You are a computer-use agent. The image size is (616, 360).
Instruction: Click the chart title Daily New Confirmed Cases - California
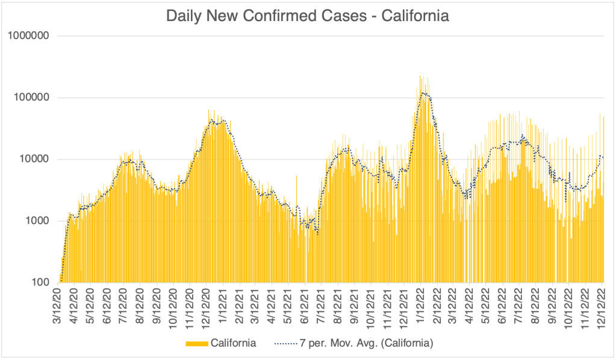(308, 16)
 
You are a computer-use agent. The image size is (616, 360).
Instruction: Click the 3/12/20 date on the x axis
(58, 304)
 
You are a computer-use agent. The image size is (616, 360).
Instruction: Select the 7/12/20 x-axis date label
(124, 304)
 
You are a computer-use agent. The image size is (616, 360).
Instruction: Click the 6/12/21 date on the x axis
(305, 304)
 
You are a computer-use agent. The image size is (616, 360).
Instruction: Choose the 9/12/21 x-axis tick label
(355, 304)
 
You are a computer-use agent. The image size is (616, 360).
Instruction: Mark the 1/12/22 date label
(421, 304)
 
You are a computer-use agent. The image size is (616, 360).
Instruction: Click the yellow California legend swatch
(197, 343)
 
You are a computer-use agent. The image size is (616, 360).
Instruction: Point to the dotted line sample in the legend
(287, 343)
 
